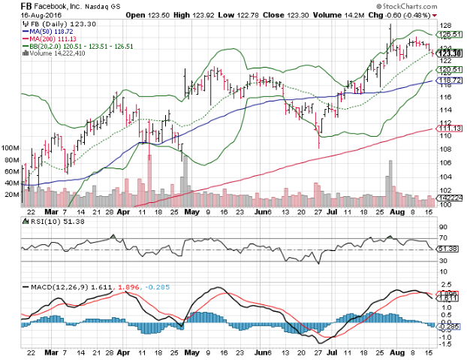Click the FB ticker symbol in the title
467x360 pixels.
(9, 6)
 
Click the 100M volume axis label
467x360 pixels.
(11, 149)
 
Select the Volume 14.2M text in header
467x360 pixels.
(301, 15)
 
